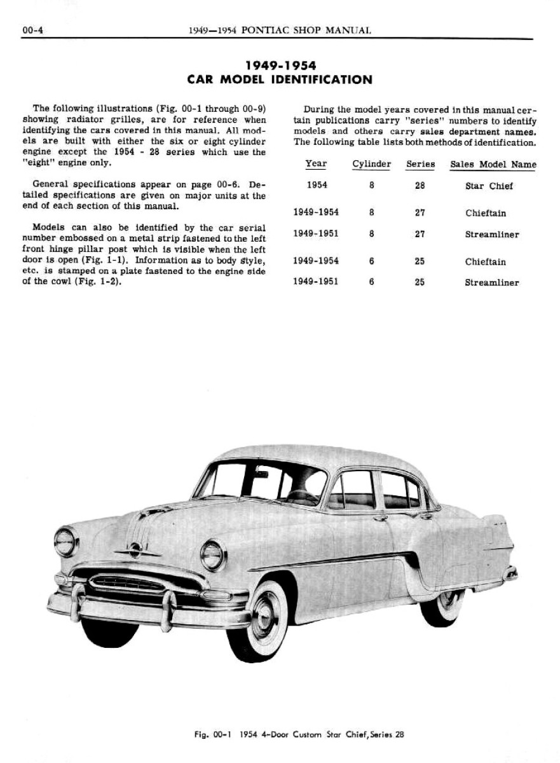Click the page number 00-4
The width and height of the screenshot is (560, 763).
32,30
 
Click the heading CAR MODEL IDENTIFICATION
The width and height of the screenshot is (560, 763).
280,80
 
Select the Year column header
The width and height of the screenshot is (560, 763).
316,164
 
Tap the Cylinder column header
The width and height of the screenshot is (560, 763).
371,164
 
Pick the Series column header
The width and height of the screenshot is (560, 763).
420,164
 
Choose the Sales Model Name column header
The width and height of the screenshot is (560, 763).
493,165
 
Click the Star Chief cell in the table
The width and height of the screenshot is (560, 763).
489,186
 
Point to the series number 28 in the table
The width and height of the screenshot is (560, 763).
420,186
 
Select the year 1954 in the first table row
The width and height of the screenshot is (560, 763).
317,185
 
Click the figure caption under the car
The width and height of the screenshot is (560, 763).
299,735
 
